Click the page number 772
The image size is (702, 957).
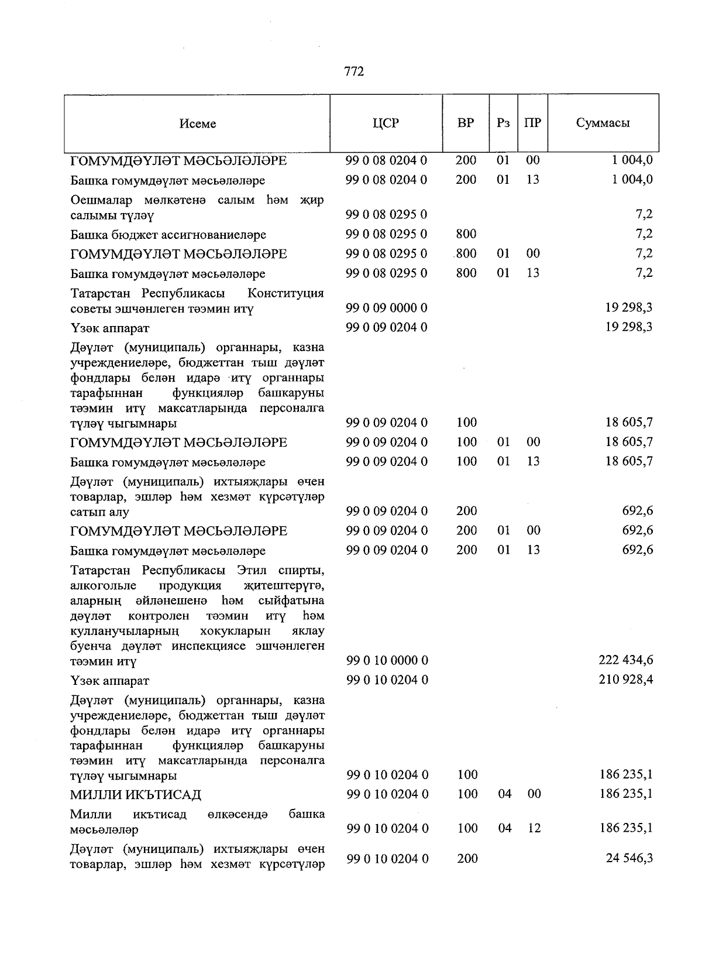click(354, 71)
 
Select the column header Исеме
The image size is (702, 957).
click(198, 124)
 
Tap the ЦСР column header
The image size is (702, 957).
click(386, 123)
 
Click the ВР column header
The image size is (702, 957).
click(466, 123)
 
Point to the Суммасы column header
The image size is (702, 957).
click(603, 123)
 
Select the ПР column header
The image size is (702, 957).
click(532, 123)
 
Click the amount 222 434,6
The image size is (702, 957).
click(626, 660)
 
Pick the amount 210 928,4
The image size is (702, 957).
click(626, 680)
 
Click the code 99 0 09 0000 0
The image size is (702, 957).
click(387, 307)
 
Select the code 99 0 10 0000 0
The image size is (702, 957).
click(387, 660)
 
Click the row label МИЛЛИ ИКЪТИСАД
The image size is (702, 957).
click(135, 795)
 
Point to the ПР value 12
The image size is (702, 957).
click(533, 828)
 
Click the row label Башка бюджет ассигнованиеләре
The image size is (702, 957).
click(168, 235)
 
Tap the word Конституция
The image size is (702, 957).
click(285, 293)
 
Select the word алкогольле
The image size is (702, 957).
click(103, 585)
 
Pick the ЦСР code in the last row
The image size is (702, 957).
click(387, 859)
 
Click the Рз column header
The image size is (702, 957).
click(503, 123)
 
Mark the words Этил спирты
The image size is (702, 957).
click(280, 570)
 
